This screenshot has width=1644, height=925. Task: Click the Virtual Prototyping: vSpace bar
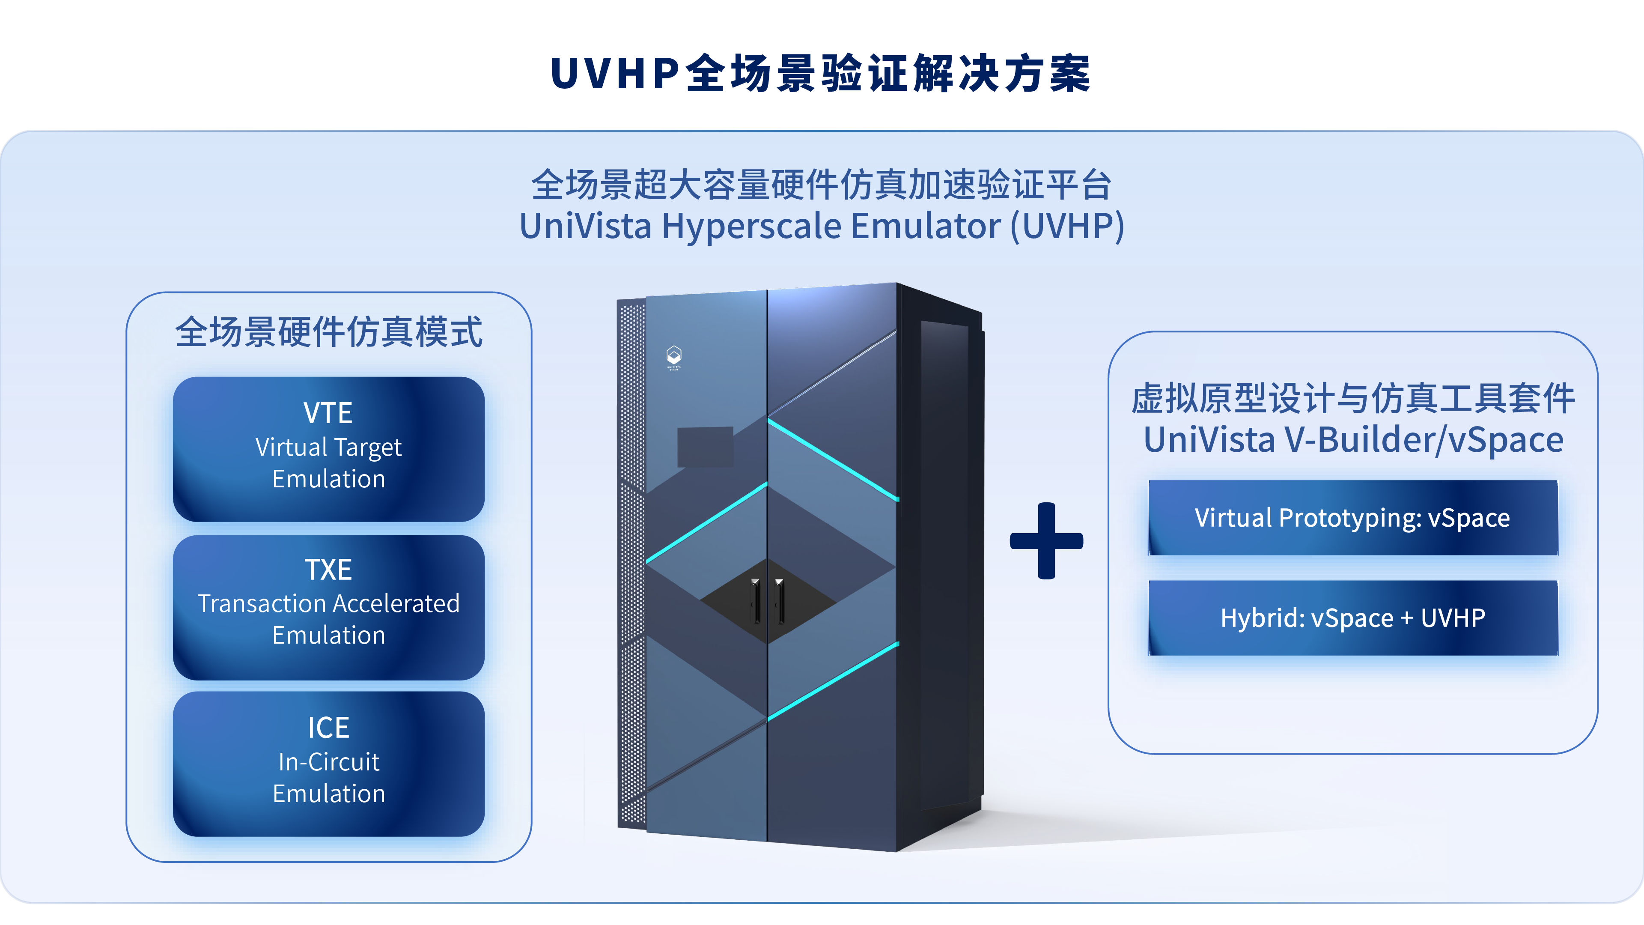(1352, 518)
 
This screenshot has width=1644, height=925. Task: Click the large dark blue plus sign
(1046, 541)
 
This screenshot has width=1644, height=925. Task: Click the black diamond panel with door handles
(767, 600)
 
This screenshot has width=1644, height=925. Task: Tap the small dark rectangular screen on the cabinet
(705, 446)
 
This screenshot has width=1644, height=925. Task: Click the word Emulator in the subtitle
(925, 227)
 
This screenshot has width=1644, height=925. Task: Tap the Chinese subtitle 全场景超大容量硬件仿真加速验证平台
(822, 185)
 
